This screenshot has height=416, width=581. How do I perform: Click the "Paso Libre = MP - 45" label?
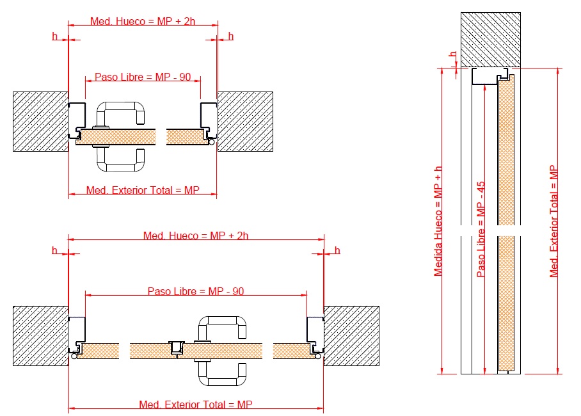pyautogui.click(x=481, y=229)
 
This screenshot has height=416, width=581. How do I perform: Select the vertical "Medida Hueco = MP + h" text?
pyautogui.click(x=438, y=221)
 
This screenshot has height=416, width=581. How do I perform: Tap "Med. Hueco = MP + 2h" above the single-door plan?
pyautogui.click(x=143, y=21)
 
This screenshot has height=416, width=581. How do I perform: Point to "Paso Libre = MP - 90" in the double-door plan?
pyautogui.click(x=196, y=291)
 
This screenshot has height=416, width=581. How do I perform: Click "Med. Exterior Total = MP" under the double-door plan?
pyautogui.click(x=196, y=404)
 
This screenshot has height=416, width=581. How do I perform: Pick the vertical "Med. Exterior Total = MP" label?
pyautogui.click(x=553, y=221)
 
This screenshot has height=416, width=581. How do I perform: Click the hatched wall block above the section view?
pyautogui.click(x=491, y=40)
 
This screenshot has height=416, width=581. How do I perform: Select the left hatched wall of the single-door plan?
pyautogui.click(x=41, y=122)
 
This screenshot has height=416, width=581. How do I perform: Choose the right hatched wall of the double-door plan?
pyautogui.click(x=351, y=336)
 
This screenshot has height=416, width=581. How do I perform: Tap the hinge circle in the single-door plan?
pyautogui.click(x=212, y=141)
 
